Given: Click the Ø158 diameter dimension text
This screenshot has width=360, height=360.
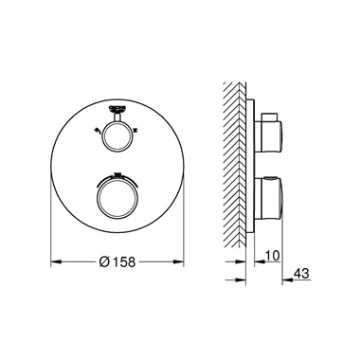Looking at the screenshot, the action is click(117, 261).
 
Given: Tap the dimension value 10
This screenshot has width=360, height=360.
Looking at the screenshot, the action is click(272, 256).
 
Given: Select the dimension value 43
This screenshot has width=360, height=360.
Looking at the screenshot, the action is click(301, 274).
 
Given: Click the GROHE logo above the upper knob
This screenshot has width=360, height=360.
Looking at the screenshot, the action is click(117, 109).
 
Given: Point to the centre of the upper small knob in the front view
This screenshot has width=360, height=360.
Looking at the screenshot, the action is click(117, 135).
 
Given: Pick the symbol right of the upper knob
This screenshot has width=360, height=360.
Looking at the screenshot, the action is click(136, 130).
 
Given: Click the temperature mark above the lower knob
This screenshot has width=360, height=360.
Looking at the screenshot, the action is click(117, 174).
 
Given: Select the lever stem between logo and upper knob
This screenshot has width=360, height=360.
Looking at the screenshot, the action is click(117, 117).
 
